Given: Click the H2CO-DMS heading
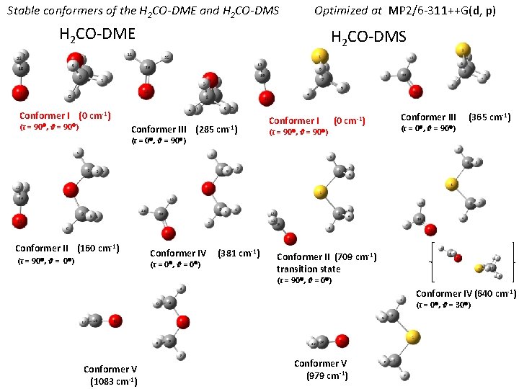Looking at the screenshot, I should (x=368, y=37).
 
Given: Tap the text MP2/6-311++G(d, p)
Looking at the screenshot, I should (x=442, y=12).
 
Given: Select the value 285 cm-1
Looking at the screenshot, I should (x=217, y=130).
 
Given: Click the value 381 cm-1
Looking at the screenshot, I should (x=239, y=253).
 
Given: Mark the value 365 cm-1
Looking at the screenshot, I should (x=490, y=117).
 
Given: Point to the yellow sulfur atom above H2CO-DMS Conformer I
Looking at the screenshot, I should (x=316, y=56).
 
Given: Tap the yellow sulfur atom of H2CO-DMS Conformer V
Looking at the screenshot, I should (x=412, y=336).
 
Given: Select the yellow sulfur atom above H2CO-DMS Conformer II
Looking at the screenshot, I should (x=318, y=192).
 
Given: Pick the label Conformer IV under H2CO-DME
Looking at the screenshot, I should (x=178, y=253).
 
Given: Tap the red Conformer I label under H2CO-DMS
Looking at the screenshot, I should (x=293, y=120).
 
